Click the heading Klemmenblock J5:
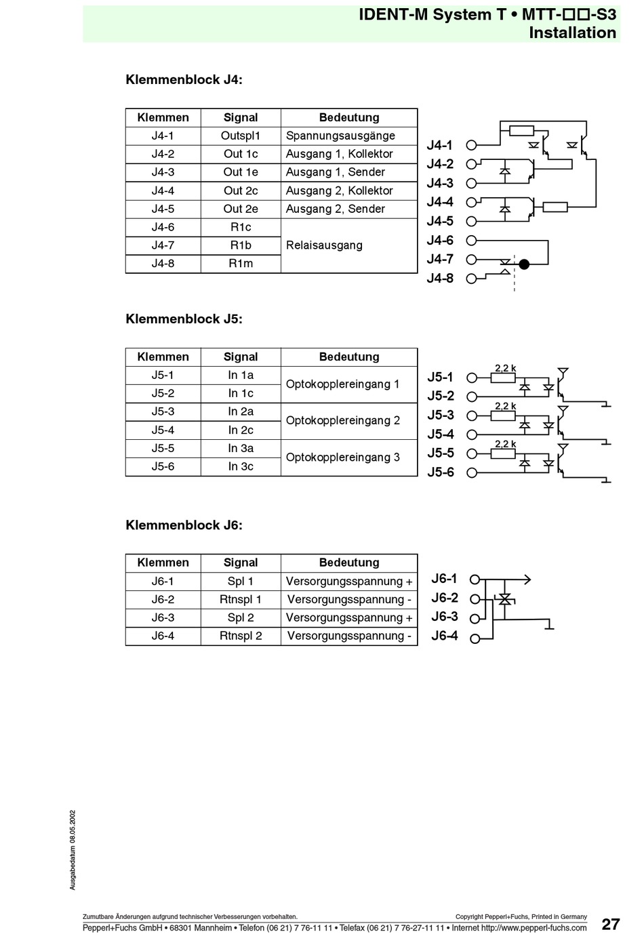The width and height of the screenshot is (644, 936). pos(184,319)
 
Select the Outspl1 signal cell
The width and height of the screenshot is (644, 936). pos(240,136)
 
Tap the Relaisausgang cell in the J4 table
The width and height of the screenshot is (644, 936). pos(349,245)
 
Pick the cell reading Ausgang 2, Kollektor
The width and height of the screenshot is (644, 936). pos(349,190)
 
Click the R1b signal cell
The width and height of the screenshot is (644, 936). pos(240,245)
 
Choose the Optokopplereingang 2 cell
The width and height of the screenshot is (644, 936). pos(349,421)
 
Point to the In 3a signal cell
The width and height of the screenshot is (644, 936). pos(240,449)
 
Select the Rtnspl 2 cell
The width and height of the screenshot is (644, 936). pos(240,636)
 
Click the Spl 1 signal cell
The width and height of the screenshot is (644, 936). pos(240,582)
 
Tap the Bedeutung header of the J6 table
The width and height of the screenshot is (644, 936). pos(349,563)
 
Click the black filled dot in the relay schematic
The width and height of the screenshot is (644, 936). pos(523,264)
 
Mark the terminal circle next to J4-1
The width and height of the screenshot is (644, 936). pos(471,145)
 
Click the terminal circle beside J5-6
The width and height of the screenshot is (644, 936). pos(472,472)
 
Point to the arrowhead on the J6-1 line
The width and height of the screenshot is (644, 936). pos(528,579)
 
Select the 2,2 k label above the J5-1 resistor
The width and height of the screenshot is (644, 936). pos(505,368)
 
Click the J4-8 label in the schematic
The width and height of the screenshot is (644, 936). pos(440,279)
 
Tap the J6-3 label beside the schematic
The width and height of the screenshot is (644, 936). pos(445,617)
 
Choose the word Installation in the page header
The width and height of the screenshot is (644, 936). pos(573,33)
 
